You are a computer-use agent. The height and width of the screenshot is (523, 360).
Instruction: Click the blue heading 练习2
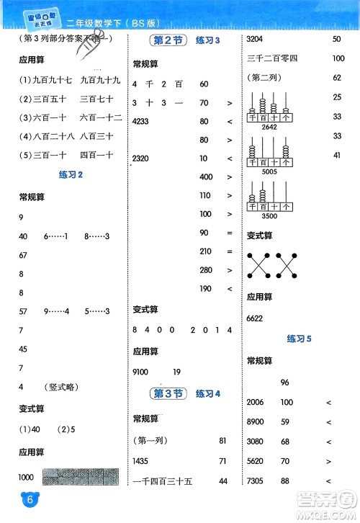click(x=71, y=174)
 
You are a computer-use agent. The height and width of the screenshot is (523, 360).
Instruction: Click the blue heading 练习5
click(x=299, y=338)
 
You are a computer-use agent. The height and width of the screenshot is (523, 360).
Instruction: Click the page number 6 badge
click(x=11, y=500)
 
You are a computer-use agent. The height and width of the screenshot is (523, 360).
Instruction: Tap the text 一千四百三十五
click(x=159, y=480)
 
